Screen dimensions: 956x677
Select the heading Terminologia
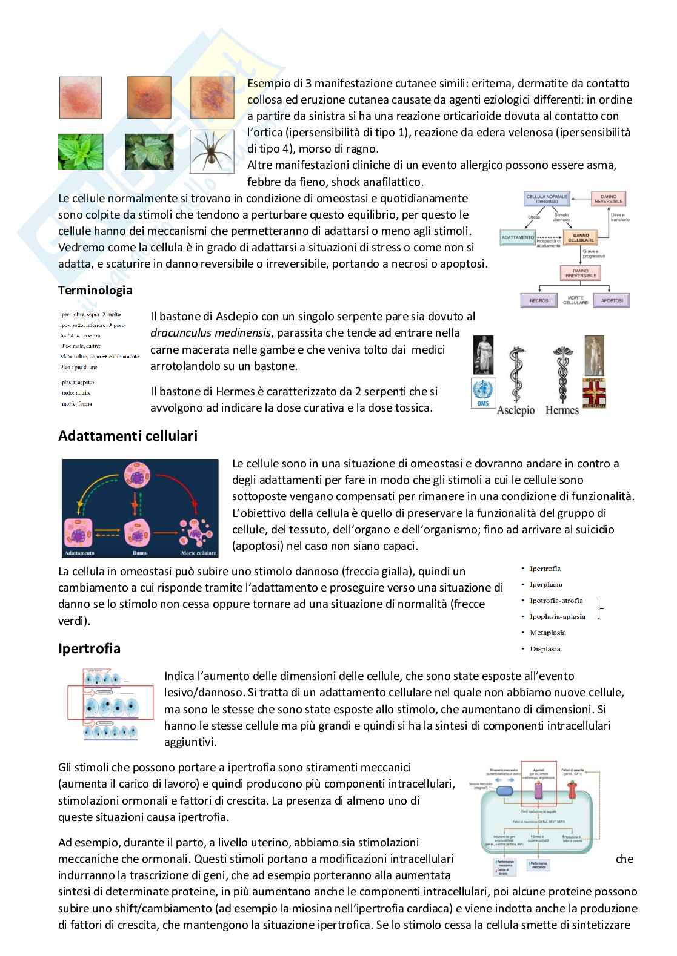pyautogui.click(x=95, y=290)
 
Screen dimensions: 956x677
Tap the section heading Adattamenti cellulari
pyautogui.click(x=128, y=436)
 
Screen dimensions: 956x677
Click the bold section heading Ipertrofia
pyautogui.click(x=89, y=649)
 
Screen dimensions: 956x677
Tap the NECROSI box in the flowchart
pyautogui.click(x=540, y=300)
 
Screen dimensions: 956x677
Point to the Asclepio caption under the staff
pyautogui.click(x=516, y=410)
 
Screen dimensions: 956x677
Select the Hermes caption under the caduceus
pyautogui.click(x=562, y=410)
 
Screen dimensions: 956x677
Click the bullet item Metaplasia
pyautogui.click(x=547, y=633)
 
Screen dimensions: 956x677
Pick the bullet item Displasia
pyautogui.click(x=545, y=649)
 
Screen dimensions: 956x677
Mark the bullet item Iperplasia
pyautogui.click(x=545, y=584)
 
